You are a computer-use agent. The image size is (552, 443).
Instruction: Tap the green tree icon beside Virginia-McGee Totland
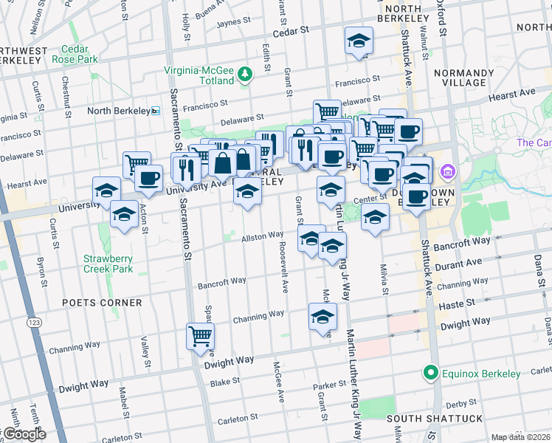(x=245, y=72)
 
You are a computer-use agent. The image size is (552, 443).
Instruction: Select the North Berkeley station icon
(x=156, y=111)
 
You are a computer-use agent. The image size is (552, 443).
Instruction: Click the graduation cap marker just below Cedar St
(x=359, y=41)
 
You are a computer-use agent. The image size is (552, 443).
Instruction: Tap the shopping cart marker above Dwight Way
(x=200, y=336)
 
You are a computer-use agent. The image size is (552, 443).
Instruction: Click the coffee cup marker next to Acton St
(x=148, y=178)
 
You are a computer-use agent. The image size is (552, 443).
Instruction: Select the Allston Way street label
(x=263, y=236)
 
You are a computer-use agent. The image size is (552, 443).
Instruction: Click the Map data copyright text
(x=520, y=437)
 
